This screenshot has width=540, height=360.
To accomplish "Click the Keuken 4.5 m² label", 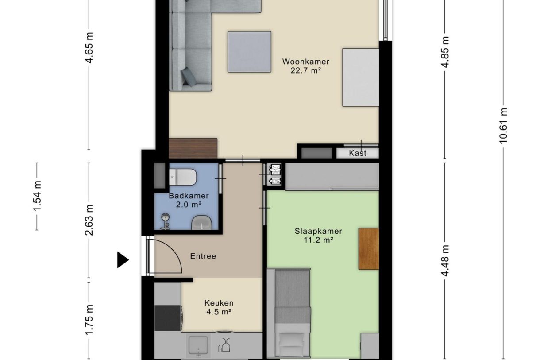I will point(219,307).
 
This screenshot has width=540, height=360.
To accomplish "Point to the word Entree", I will point(203,256).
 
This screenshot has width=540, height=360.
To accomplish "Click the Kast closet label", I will point(357,153).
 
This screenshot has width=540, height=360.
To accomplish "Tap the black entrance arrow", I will point(122,260).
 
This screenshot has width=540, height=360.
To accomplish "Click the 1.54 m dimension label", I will point(37,196).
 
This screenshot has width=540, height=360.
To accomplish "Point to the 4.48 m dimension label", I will point(445,261).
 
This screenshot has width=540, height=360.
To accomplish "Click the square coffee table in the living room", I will point(249,52).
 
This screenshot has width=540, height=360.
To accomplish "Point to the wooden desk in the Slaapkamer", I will point(368,248).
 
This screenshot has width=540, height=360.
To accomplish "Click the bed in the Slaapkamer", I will point(292,312).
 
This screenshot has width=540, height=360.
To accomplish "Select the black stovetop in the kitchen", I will point(167,317).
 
